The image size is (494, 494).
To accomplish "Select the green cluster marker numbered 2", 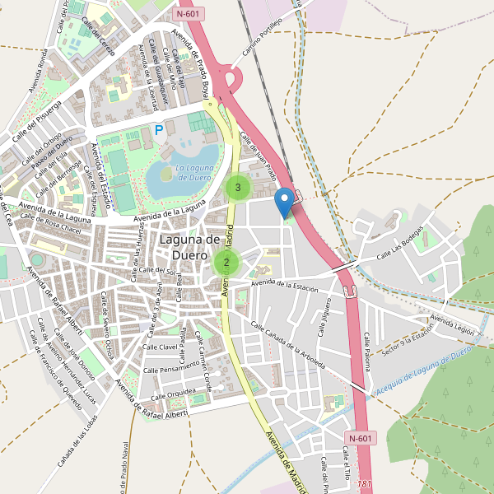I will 226,263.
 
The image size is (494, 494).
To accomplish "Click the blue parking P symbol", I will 158,129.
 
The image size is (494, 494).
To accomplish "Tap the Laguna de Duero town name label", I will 189,247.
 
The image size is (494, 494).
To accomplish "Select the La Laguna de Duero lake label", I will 182,174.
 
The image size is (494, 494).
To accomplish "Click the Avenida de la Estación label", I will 285,284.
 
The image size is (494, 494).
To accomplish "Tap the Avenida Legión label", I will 452,324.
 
